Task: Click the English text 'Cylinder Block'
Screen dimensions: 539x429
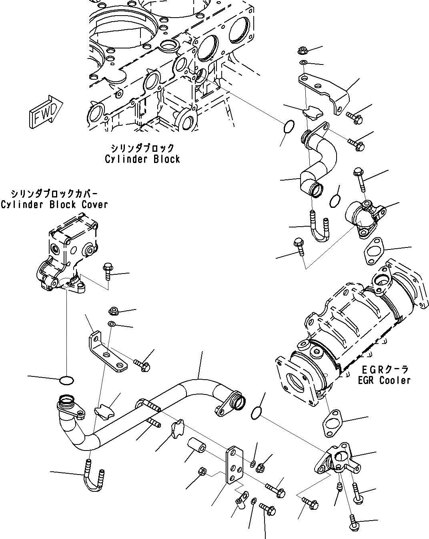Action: pos(142,159)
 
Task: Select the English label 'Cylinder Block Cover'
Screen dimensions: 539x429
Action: pos(54,205)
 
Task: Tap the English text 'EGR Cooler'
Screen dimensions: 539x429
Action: pos(384,380)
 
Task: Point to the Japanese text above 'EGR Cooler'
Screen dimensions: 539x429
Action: pos(384,369)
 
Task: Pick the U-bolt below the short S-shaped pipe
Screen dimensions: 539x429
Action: pos(320,230)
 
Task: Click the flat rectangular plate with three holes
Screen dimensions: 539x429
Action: pos(234,466)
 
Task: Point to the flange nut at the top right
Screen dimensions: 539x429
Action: pos(303,51)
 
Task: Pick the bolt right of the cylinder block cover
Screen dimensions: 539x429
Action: pos(108,272)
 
